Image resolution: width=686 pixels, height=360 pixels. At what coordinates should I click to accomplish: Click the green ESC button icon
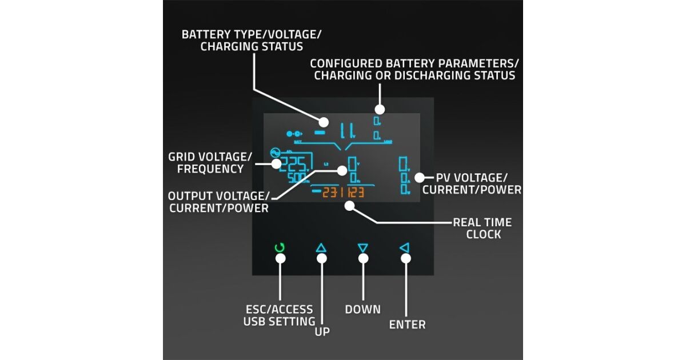(x=280, y=248)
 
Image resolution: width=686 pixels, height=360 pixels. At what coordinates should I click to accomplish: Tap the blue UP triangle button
(x=321, y=248)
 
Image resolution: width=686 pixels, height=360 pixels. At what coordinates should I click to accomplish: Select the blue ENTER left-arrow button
(x=404, y=248)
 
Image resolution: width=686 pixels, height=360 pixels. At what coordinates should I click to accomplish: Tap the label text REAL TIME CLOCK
(x=482, y=228)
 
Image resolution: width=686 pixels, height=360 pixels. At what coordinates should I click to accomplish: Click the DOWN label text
(x=362, y=309)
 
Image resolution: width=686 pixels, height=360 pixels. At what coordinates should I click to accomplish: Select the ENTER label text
(x=407, y=325)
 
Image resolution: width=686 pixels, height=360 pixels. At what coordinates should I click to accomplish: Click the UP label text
(x=322, y=331)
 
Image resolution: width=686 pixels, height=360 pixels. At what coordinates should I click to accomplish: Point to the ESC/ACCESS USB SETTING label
(x=279, y=315)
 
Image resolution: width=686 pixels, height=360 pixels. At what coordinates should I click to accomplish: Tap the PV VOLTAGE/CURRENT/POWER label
(x=478, y=183)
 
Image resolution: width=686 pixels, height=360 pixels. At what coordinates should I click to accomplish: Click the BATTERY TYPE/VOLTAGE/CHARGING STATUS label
(x=251, y=40)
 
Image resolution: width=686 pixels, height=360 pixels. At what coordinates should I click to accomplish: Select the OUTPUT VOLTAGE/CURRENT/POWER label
(x=218, y=202)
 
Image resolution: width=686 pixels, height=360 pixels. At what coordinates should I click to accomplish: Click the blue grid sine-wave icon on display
(x=274, y=153)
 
